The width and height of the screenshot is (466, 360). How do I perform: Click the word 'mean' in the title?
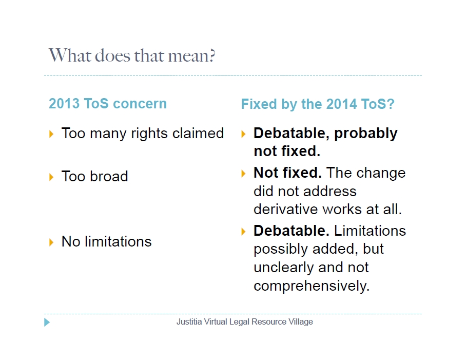(188, 56)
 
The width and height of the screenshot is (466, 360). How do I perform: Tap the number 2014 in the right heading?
(341, 104)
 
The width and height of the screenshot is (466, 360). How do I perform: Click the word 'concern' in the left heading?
(140, 104)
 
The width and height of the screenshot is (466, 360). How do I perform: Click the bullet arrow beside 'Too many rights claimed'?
(51, 134)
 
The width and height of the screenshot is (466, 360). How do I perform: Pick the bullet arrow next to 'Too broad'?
(51, 177)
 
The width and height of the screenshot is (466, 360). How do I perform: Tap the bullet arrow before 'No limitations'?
(51, 242)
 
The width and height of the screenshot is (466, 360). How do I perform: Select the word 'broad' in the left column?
(109, 176)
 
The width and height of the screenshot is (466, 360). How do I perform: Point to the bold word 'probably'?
(366, 133)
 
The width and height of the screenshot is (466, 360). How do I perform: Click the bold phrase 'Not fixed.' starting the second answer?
(288, 173)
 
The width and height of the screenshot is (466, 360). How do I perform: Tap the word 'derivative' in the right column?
(285, 209)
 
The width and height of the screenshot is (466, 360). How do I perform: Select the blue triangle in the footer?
(47, 322)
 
